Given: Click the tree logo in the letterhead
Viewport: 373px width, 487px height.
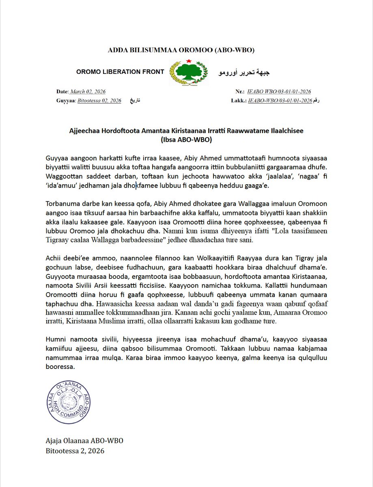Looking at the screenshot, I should point(188,72).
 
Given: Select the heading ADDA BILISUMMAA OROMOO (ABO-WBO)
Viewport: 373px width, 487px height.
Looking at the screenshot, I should point(181,50).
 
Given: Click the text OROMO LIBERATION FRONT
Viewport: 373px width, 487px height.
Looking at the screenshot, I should point(120,72).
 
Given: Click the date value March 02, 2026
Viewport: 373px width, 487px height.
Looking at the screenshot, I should point(88,92).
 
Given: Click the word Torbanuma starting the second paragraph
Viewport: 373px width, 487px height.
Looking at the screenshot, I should point(61,204).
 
